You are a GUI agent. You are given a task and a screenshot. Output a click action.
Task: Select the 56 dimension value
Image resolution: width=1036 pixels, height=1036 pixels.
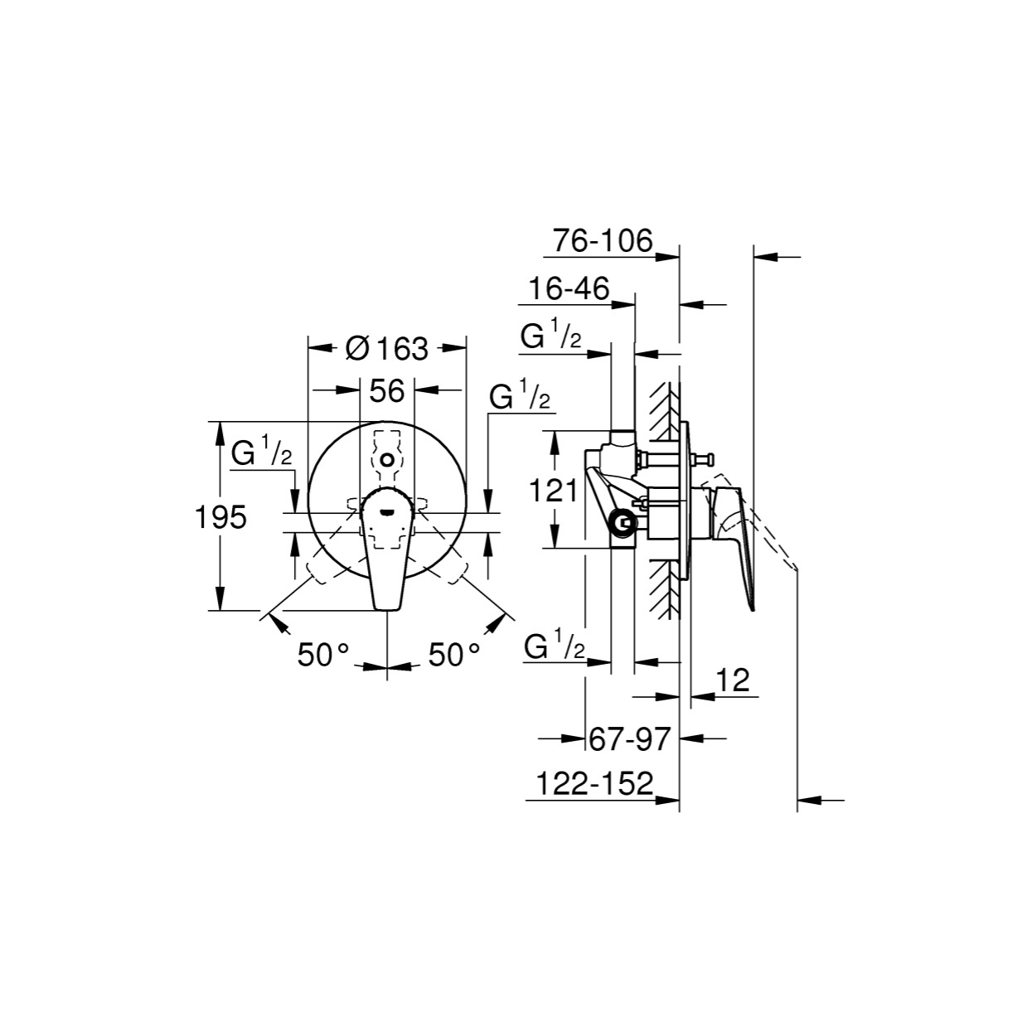(387, 390)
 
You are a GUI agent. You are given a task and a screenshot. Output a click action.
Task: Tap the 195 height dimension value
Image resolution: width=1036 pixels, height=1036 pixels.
(220, 517)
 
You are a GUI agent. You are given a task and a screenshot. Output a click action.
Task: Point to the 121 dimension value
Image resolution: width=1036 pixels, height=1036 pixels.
(553, 490)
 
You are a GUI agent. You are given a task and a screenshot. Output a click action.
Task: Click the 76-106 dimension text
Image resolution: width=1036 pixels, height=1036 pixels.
(603, 240)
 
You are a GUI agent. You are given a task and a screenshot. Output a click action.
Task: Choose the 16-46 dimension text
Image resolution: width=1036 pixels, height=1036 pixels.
(569, 288)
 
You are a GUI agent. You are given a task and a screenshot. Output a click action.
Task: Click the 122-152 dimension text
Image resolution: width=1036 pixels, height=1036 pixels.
(595, 783)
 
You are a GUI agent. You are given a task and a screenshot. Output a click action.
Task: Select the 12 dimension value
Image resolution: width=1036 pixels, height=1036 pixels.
(733, 680)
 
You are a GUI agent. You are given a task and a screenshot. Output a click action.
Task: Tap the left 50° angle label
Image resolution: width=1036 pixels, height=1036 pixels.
(324, 655)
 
